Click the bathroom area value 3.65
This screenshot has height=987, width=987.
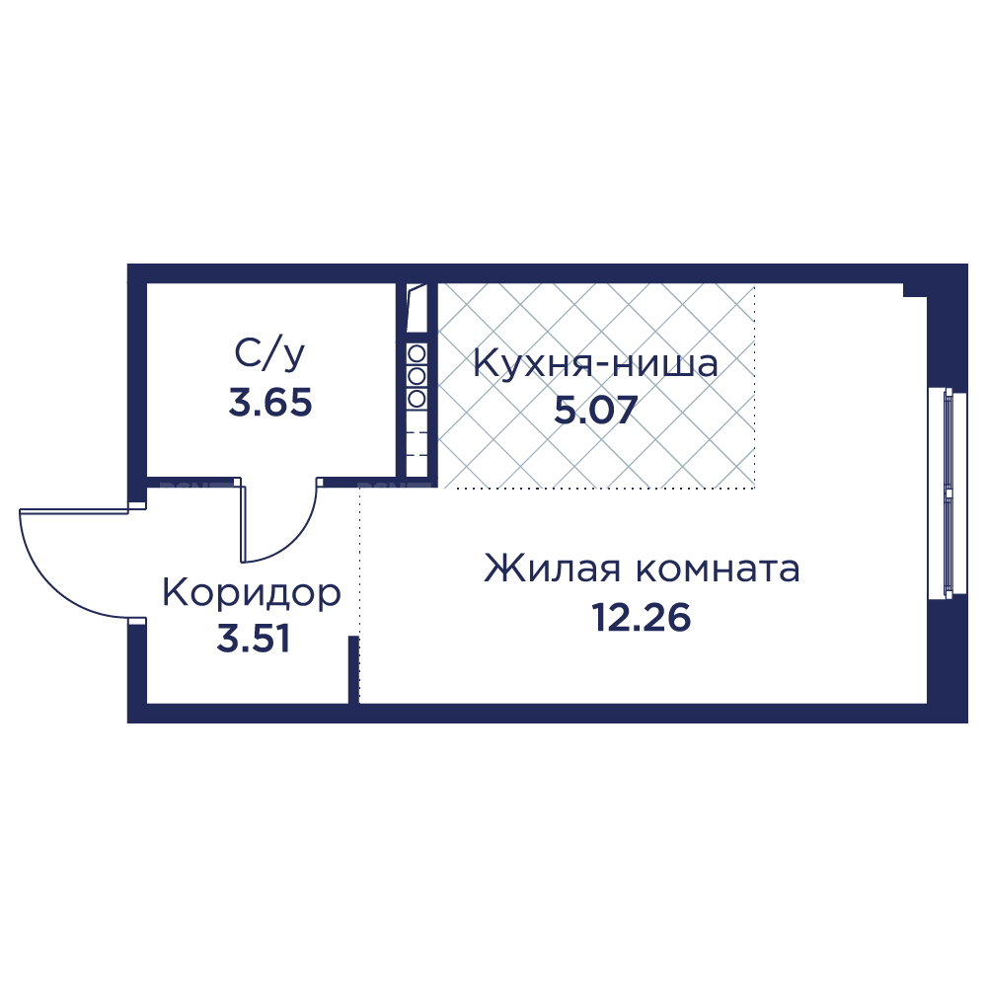270,403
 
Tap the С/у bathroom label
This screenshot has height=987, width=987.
269,355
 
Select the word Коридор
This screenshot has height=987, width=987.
252,593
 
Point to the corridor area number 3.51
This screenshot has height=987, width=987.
254,639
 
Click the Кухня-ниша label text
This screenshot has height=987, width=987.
595,364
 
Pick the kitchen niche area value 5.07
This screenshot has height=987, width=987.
596,410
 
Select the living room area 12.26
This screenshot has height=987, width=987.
641,618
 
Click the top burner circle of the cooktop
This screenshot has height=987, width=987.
417,353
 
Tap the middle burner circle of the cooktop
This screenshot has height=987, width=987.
417,376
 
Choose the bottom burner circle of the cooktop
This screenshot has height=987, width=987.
417,398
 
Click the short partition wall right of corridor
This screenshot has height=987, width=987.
353,670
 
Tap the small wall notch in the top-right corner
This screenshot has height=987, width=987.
915,290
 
